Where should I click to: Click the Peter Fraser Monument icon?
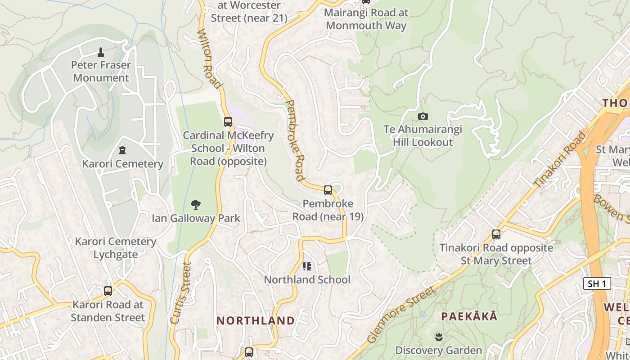click(101, 52)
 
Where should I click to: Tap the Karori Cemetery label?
click(122, 163)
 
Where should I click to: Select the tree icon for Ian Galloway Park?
click(195, 205)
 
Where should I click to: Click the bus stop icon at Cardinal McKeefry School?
click(228, 121)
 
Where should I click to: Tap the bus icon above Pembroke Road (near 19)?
click(328, 190)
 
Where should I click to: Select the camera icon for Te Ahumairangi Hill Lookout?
click(423, 117)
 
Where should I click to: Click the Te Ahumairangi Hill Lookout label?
click(423, 136)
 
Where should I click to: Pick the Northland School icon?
click(307, 266)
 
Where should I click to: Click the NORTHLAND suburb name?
click(256, 320)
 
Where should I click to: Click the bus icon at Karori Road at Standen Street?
click(108, 291)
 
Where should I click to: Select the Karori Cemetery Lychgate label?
click(116, 248)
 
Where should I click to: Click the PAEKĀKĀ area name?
click(469, 316)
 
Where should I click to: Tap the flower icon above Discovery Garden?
click(438, 337)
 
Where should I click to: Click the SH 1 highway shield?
click(597, 283)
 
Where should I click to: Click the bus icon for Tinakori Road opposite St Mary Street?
click(496, 234)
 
